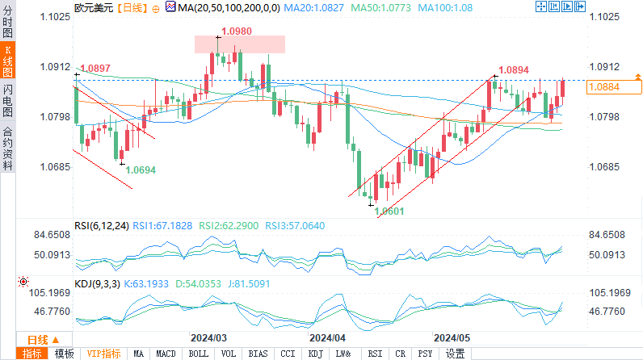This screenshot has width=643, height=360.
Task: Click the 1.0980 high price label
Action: (236, 31)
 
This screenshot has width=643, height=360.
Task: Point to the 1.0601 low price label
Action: (389, 211)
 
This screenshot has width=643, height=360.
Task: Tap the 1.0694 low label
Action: (141, 170)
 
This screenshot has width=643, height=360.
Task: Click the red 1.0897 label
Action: (95, 69)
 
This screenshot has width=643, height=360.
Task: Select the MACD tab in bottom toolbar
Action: (166, 354)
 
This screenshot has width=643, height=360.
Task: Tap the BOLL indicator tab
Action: (198, 354)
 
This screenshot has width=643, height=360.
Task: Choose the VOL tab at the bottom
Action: (229, 354)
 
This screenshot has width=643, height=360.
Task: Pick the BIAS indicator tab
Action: (258, 354)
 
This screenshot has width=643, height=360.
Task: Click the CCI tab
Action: (288, 354)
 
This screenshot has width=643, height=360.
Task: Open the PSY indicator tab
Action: (425, 354)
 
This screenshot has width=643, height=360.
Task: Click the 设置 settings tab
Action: (456, 354)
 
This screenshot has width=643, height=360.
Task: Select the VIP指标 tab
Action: (103, 354)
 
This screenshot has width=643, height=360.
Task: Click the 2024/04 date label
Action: (328, 336)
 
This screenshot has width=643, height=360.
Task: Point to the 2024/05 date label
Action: (452, 336)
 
